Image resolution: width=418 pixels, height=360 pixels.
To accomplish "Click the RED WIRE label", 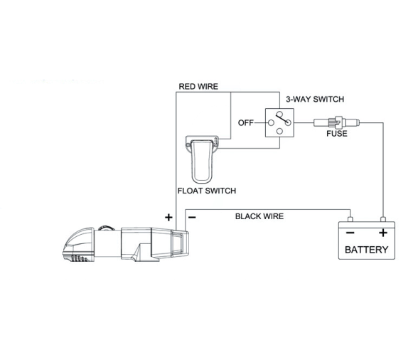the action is pyautogui.click(x=198, y=87).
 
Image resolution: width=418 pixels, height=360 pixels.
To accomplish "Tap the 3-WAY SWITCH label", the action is pyautogui.click(x=315, y=100).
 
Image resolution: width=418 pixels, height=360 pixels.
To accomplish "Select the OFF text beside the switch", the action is pyautogui.click(x=245, y=123).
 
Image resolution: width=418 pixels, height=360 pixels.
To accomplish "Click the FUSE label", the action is pyautogui.click(x=337, y=134).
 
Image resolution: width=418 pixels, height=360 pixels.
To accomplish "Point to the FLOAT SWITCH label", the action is pyautogui.click(x=207, y=191).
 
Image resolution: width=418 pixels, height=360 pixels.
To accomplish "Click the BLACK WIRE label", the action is pyautogui.click(x=259, y=216).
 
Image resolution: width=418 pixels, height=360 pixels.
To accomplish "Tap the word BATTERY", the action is pyautogui.click(x=367, y=250).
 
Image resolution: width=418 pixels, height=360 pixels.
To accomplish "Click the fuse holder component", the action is pyautogui.click(x=336, y=123).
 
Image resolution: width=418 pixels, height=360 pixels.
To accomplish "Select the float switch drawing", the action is pyautogui.click(x=202, y=159).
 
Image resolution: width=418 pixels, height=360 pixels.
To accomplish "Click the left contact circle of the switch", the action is pyautogui.click(x=271, y=123).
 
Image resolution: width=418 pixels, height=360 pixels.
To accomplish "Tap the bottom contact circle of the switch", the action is pyautogui.click(x=279, y=132).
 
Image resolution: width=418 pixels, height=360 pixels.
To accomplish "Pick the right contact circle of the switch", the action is pyautogui.click(x=288, y=123).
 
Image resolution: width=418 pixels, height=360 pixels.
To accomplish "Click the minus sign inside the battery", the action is pyautogui.click(x=350, y=233).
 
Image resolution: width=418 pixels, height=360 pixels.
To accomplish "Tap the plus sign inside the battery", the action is pyautogui.click(x=383, y=233).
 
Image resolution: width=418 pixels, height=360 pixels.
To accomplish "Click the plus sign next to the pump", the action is pyautogui.click(x=168, y=218).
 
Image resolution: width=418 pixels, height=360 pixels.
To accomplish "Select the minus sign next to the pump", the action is pyautogui.click(x=192, y=218).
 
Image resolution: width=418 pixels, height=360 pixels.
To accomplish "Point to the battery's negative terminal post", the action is pyautogui.click(x=350, y=219).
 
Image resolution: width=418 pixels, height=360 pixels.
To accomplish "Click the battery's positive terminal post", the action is pyautogui.click(x=383, y=219).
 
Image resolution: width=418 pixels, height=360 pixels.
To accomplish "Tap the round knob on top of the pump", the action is pyautogui.click(x=107, y=228).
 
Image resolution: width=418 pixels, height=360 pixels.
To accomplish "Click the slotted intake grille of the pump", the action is pyautogui.click(x=79, y=258).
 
